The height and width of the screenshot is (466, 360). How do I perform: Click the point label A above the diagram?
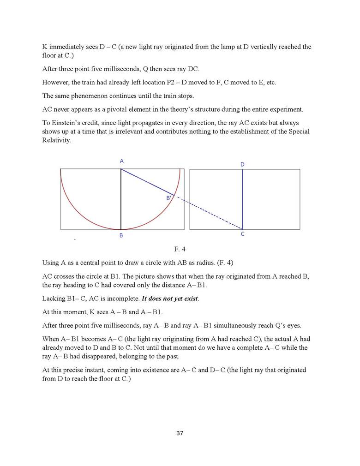122,161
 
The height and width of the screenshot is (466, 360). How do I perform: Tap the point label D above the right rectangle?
242,164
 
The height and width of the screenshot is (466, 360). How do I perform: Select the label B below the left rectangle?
121,235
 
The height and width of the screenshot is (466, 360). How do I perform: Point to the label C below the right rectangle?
242,234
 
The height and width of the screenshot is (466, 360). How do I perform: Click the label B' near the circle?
169,198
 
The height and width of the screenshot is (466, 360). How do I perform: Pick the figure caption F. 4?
180,250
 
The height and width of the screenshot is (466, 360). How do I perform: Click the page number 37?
180,433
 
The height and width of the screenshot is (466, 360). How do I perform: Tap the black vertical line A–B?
121,203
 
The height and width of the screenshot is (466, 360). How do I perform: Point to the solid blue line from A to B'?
148,182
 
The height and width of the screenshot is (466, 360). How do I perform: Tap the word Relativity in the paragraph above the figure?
57,140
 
